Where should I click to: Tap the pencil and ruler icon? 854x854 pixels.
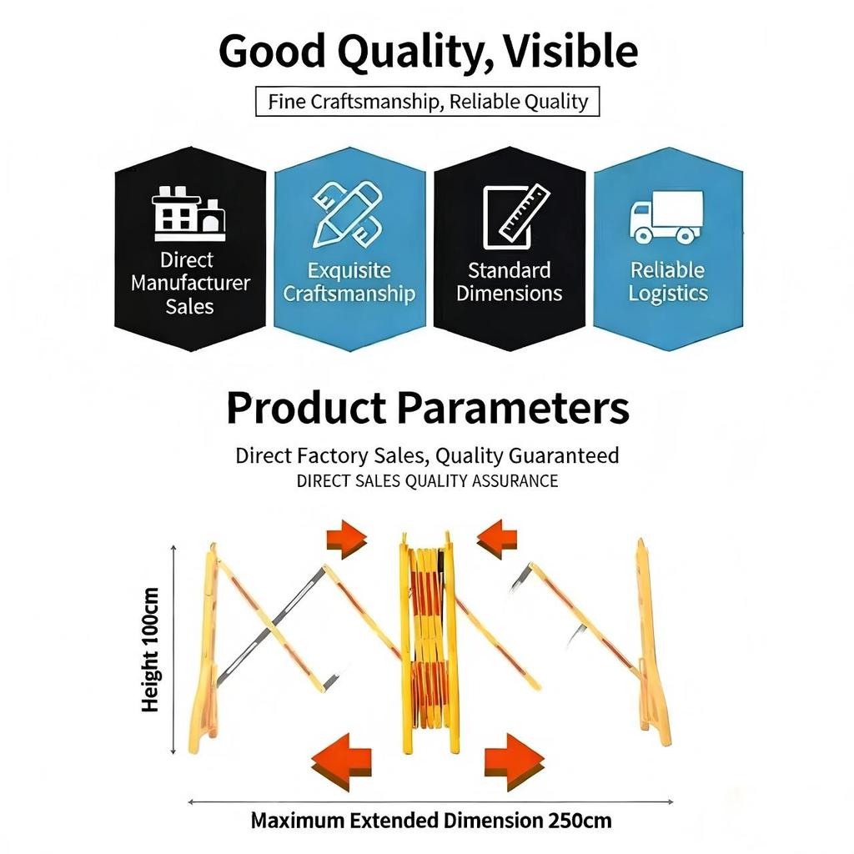348,215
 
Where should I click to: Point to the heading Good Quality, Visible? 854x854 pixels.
428,51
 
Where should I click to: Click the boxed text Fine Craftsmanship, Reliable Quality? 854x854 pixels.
428,102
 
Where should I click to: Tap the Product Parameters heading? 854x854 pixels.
427,409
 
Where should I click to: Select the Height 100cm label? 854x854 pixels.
150,651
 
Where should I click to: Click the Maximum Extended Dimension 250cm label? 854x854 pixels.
431,821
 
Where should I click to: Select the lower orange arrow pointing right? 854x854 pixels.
514,761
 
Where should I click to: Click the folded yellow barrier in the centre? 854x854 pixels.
428,642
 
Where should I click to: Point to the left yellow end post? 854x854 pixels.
205,651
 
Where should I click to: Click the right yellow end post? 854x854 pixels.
651,646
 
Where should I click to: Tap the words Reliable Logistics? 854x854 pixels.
668,282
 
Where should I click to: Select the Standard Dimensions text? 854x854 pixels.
509,282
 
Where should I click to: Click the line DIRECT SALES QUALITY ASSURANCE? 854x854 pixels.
427,481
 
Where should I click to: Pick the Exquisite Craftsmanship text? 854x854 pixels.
349,282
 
